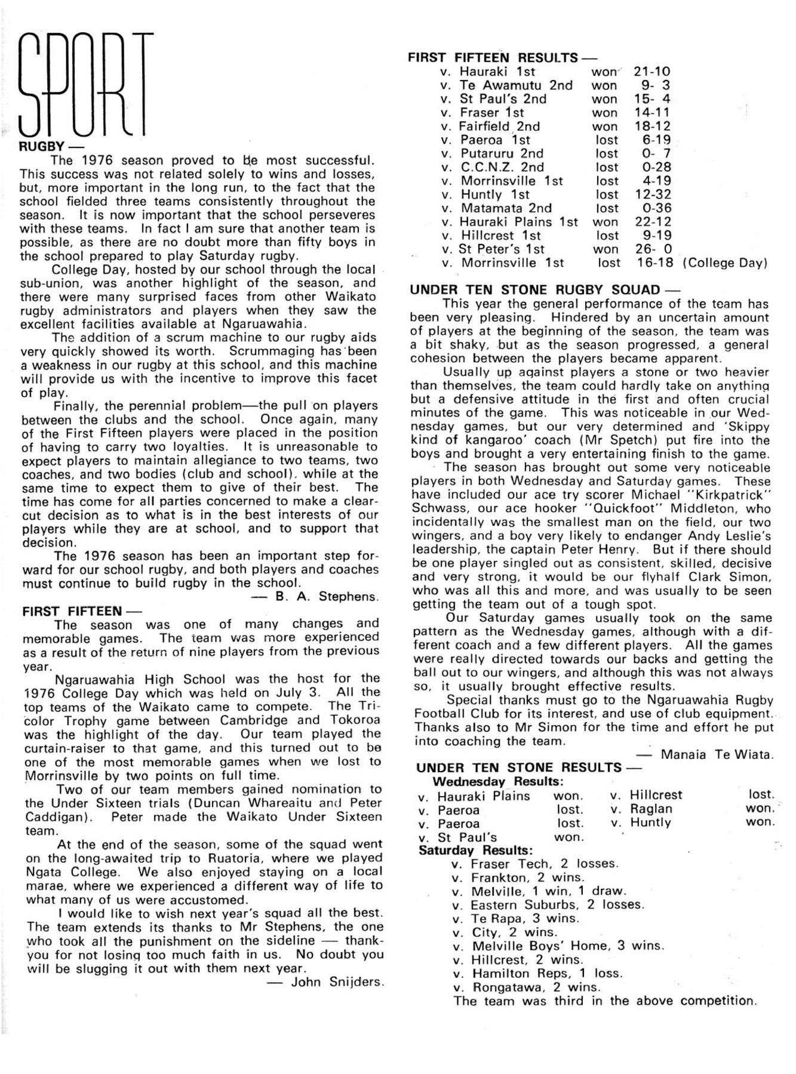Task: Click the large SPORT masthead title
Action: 85,84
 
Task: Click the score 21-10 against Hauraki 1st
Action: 652,72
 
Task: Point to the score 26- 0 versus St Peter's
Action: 652,249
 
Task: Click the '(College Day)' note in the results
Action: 725,263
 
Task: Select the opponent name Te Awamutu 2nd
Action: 516,85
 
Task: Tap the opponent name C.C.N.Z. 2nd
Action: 502,167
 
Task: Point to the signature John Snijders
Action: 337,982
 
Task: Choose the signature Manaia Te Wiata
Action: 717,755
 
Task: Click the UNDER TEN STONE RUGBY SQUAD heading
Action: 536,290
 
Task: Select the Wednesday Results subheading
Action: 498,782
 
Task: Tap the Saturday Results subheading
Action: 476,850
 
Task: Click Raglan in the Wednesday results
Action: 651,809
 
